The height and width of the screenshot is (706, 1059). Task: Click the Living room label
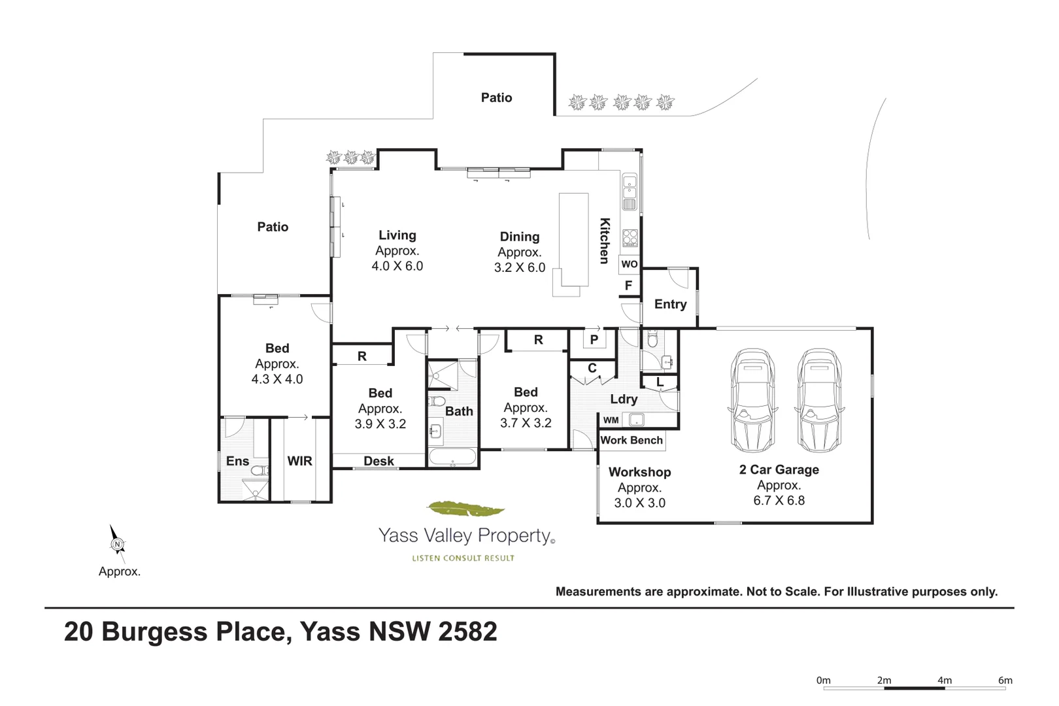[397, 235]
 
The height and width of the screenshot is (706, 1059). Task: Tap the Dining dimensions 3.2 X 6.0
[520, 267]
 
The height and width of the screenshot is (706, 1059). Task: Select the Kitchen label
[605, 241]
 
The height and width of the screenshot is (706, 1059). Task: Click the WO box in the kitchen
[629, 264]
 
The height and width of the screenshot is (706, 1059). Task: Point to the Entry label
[670, 304]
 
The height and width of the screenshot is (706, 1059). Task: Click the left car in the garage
[753, 400]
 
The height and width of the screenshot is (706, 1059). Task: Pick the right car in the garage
[819, 400]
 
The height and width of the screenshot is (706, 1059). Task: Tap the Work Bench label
[631, 440]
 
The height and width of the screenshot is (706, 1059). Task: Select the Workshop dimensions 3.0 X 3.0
[639, 503]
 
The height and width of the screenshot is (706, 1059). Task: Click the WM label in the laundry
[611, 420]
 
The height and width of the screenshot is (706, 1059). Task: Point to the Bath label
[459, 411]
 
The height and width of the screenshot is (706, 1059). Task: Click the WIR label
[299, 461]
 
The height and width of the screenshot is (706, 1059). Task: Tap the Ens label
[237, 461]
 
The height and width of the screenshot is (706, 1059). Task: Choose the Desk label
[378, 461]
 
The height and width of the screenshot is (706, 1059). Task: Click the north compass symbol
[117, 543]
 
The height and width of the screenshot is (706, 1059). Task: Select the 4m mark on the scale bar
[944, 681]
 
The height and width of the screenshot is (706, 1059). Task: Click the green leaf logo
[465, 508]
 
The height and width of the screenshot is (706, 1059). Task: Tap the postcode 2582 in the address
[467, 631]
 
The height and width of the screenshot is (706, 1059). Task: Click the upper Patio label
[496, 97]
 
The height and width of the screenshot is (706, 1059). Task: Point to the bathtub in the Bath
[452, 456]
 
